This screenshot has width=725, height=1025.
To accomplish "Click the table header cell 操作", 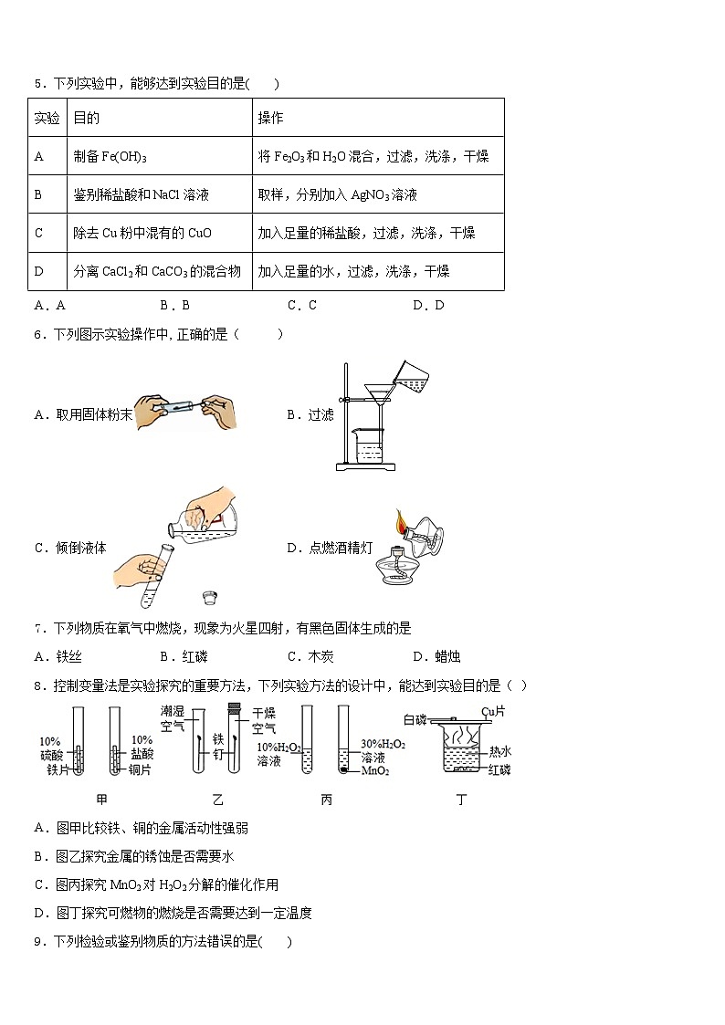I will [270, 118].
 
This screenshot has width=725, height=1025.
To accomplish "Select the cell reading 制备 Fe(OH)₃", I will [110, 156].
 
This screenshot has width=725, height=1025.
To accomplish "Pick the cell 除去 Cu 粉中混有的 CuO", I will [142, 233].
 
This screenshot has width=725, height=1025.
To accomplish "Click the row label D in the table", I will [38, 271].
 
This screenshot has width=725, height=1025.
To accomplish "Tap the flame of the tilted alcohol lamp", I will [400, 524].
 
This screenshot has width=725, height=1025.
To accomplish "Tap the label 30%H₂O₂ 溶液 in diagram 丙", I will [383, 751].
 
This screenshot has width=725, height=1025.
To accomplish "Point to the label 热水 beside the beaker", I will [500, 751].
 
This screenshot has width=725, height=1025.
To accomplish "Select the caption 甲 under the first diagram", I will [101, 800].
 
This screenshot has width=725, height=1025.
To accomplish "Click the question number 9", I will [38, 941].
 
